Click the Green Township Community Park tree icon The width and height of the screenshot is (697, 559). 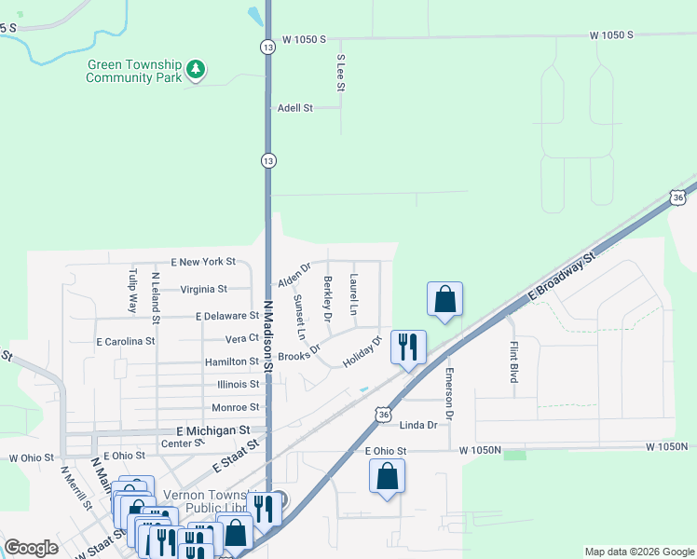pyautogui.click(x=196, y=70)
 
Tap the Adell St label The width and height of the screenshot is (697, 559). pyautogui.click(x=295, y=108)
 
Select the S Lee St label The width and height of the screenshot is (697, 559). pyautogui.click(x=341, y=73)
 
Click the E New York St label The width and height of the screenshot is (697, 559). pyautogui.click(x=203, y=263)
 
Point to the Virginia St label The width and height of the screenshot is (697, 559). pyautogui.click(x=203, y=289)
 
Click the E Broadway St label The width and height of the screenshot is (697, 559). pyautogui.click(x=561, y=276)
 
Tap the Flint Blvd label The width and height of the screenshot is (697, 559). pyautogui.click(x=513, y=362)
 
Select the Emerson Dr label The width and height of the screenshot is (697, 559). pyautogui.click(x=449, y=392)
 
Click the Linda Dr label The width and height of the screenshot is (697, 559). pyautogui.click(x=417, y=425)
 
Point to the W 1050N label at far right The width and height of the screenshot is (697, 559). pyautogui.click(x=667, y=448)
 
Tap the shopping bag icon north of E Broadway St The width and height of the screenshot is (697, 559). pyautogui.click(x=445, y=299)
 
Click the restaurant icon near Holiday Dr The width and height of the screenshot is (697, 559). pyautogui.click(x=408, y=348)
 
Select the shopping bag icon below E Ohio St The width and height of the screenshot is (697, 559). pyautogui.click(x=387, y=476)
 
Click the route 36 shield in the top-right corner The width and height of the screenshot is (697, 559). pyautogui.click(x=677, y=198)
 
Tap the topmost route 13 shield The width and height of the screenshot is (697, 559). pyautogui.click(x=267, y=46)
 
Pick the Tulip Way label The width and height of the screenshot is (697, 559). pyautogui.click(x=132, y=291)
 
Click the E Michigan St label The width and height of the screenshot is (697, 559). pyautogui.click(x=213, y=431)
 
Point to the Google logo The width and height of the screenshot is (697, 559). pyautogui.click(x=32, y=548)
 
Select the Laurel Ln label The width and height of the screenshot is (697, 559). pyautogui.click(x=353, y=293)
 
